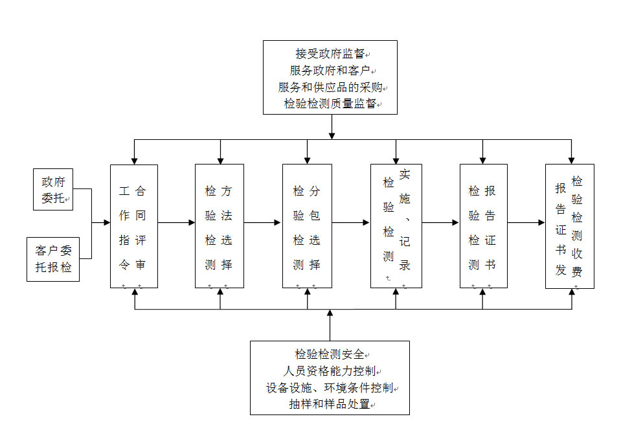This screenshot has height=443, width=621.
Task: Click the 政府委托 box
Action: tap(53, 190)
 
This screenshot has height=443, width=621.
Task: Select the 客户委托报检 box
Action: tap(53, 259)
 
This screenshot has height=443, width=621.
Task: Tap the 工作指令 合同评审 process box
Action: tap(133, 226)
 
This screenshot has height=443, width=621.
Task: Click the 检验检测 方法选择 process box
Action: tap(220, 226)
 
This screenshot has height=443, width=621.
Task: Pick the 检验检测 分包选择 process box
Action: tap(307, 226)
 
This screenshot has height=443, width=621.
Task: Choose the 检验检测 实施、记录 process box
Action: tap(396, 226)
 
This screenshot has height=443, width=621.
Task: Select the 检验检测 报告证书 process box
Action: tap(483, 226)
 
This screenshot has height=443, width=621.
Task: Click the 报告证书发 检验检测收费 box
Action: tap(569, 226)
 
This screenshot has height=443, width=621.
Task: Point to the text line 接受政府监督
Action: tap(330, 54)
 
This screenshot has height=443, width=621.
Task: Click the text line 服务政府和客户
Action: tap(330, 70)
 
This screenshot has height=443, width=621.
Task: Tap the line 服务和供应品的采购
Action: tap(330, 87)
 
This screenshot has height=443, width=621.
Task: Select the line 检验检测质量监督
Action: tap(330, 104)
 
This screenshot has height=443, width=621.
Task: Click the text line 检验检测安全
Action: tap(330, 354)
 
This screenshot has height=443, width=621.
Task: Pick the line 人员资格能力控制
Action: tap(330, 371)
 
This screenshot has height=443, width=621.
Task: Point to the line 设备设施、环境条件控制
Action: tap(330, 388)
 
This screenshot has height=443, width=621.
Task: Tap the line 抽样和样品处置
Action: tap(330, 405)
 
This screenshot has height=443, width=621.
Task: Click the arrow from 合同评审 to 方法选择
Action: tap(176, 223)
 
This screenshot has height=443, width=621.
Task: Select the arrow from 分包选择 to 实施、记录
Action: tap(350, 223)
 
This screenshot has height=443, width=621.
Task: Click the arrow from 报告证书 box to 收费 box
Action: tap(526, 223)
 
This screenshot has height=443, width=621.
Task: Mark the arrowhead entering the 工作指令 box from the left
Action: tap(106, 223)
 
